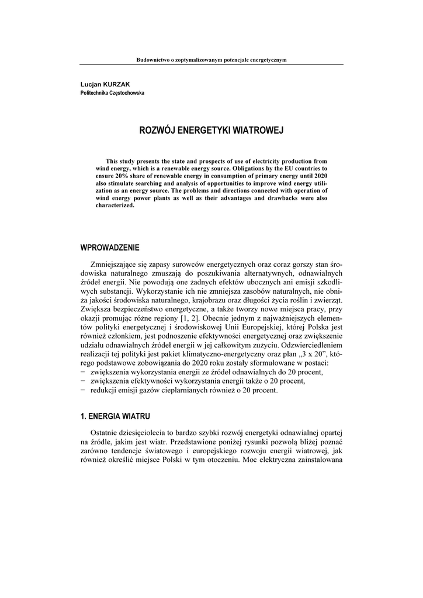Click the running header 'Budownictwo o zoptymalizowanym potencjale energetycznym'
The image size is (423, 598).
tap(211, 60)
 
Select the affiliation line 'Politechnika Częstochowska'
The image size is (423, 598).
tap(112, 93)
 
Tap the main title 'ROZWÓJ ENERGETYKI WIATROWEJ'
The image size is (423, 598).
tap(211, 130)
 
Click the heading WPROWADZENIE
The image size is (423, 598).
tap(110, 248)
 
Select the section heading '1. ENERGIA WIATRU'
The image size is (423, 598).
tap(115, 416)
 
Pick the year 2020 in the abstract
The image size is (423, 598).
tap(318, 176)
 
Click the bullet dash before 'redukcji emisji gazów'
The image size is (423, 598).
tap(83, 391)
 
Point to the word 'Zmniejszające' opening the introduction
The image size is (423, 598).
tap(113, 264)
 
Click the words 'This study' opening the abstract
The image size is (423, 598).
tap(120, 161)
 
